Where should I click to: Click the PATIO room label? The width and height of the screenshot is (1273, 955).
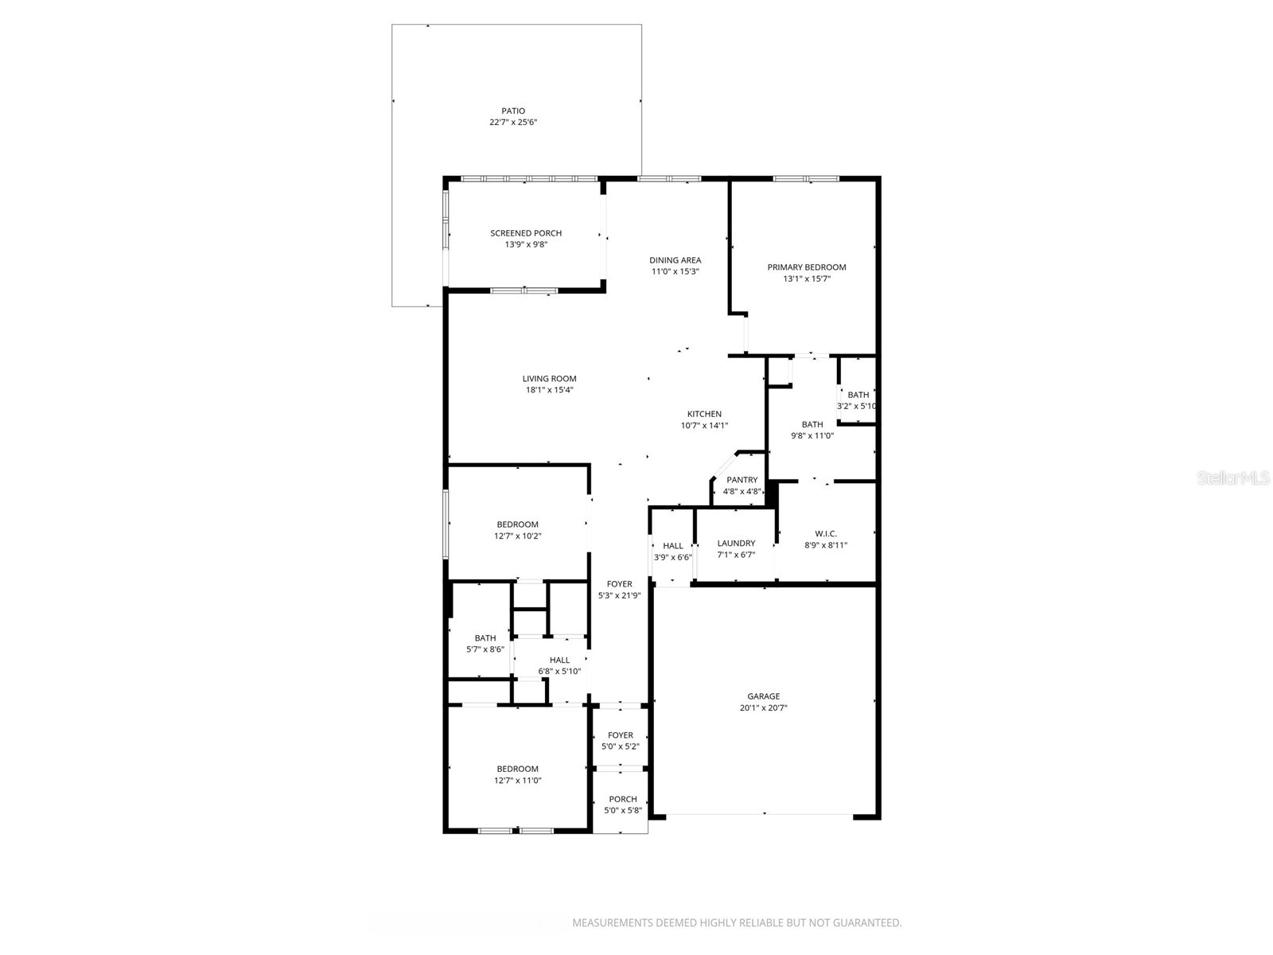(x=512, y=111)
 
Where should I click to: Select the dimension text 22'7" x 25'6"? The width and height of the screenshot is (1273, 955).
(x=512, y=123)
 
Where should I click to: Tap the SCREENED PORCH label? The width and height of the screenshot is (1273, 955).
(x=526, y=233)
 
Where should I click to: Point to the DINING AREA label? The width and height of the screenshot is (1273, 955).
(x=675, y=260)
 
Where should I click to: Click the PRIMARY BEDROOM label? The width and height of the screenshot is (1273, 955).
(x=806, y=267)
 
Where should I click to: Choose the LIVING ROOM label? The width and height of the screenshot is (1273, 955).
(x=549, y=379)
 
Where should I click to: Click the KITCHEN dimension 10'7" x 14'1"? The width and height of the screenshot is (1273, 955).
(x=704, y=425)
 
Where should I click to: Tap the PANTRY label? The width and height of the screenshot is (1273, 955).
(x=742, y=480)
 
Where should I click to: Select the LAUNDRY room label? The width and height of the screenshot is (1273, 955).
(x=736, y=544)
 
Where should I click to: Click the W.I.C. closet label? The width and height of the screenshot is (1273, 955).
(x=826, y=534)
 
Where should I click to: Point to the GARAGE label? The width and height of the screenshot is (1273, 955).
(x=763, y=696)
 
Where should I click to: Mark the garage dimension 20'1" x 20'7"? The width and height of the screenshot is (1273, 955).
(x=763, y=707)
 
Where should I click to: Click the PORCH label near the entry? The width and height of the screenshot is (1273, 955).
(x=623, y=799)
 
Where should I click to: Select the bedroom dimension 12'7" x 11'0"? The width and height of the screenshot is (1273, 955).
(x=517, y=780)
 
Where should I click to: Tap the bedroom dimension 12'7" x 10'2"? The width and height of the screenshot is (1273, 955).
(x=517, y=536)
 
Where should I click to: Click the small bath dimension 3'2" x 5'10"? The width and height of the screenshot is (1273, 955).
(x=857, y=406)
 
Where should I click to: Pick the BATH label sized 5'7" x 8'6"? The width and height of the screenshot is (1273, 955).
(x=485, y=638)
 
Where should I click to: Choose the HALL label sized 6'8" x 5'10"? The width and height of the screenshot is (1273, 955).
(x=559, y=660)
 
